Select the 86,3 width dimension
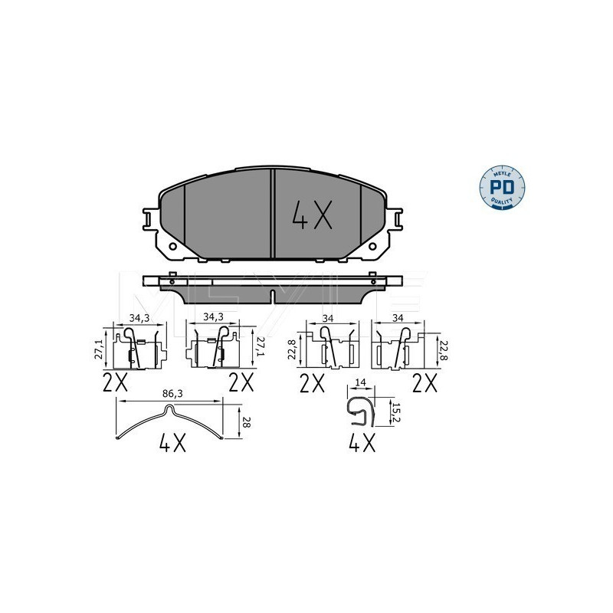tap(174, 393)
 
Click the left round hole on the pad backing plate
tap(172, 247)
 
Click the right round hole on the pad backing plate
tap(374, 247)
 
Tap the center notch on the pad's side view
tap(274, 295)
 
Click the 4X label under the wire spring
tap(174, 443)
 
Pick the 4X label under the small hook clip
tap(361, 443)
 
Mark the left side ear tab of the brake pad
tap(149, 218)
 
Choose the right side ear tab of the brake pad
tap(398, 218)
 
